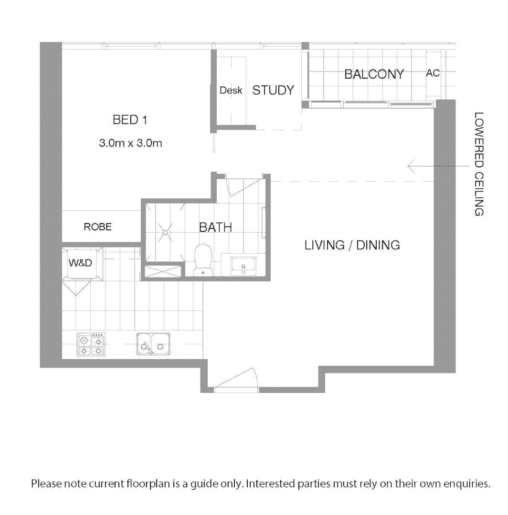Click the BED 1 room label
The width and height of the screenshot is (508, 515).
[x=130, y=120]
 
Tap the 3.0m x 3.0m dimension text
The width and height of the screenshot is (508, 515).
[x=130, y=143]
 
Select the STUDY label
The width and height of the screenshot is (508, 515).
[x=273, y=90]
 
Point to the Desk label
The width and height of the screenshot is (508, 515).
[x=231, y=90]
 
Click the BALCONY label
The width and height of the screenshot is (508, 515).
[x=374, y=74]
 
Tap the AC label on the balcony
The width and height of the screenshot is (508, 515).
[x=433, y=73]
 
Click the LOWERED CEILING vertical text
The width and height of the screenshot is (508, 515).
[x=479, y=164]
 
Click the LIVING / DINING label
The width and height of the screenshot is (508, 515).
[x=352, y=245]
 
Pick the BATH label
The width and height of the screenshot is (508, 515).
[x=215, y=227]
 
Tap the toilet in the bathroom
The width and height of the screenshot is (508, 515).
[x=203, y=259]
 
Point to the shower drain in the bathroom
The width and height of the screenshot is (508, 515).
[x=165, y=232]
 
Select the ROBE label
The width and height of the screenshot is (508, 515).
[x=97, y=227]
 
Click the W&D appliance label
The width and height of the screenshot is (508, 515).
[x=80, y=262]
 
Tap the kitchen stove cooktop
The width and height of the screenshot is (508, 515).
[x=91, y=345]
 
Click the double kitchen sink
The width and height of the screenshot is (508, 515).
[x=153, y=344]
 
